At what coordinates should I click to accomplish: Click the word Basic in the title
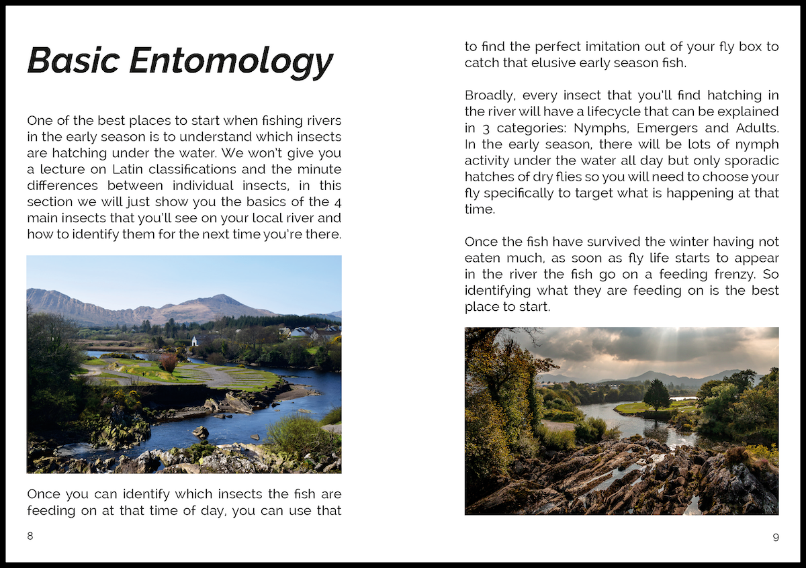tap(73, 60)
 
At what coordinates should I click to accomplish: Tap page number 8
tap(30, 536)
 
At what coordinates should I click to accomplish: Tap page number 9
tap(776, 536)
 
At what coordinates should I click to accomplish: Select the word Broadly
tap(490, 95)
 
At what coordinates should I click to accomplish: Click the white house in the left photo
tap(195, 340)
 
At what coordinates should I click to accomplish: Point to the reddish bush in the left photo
tap(169, 363)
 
